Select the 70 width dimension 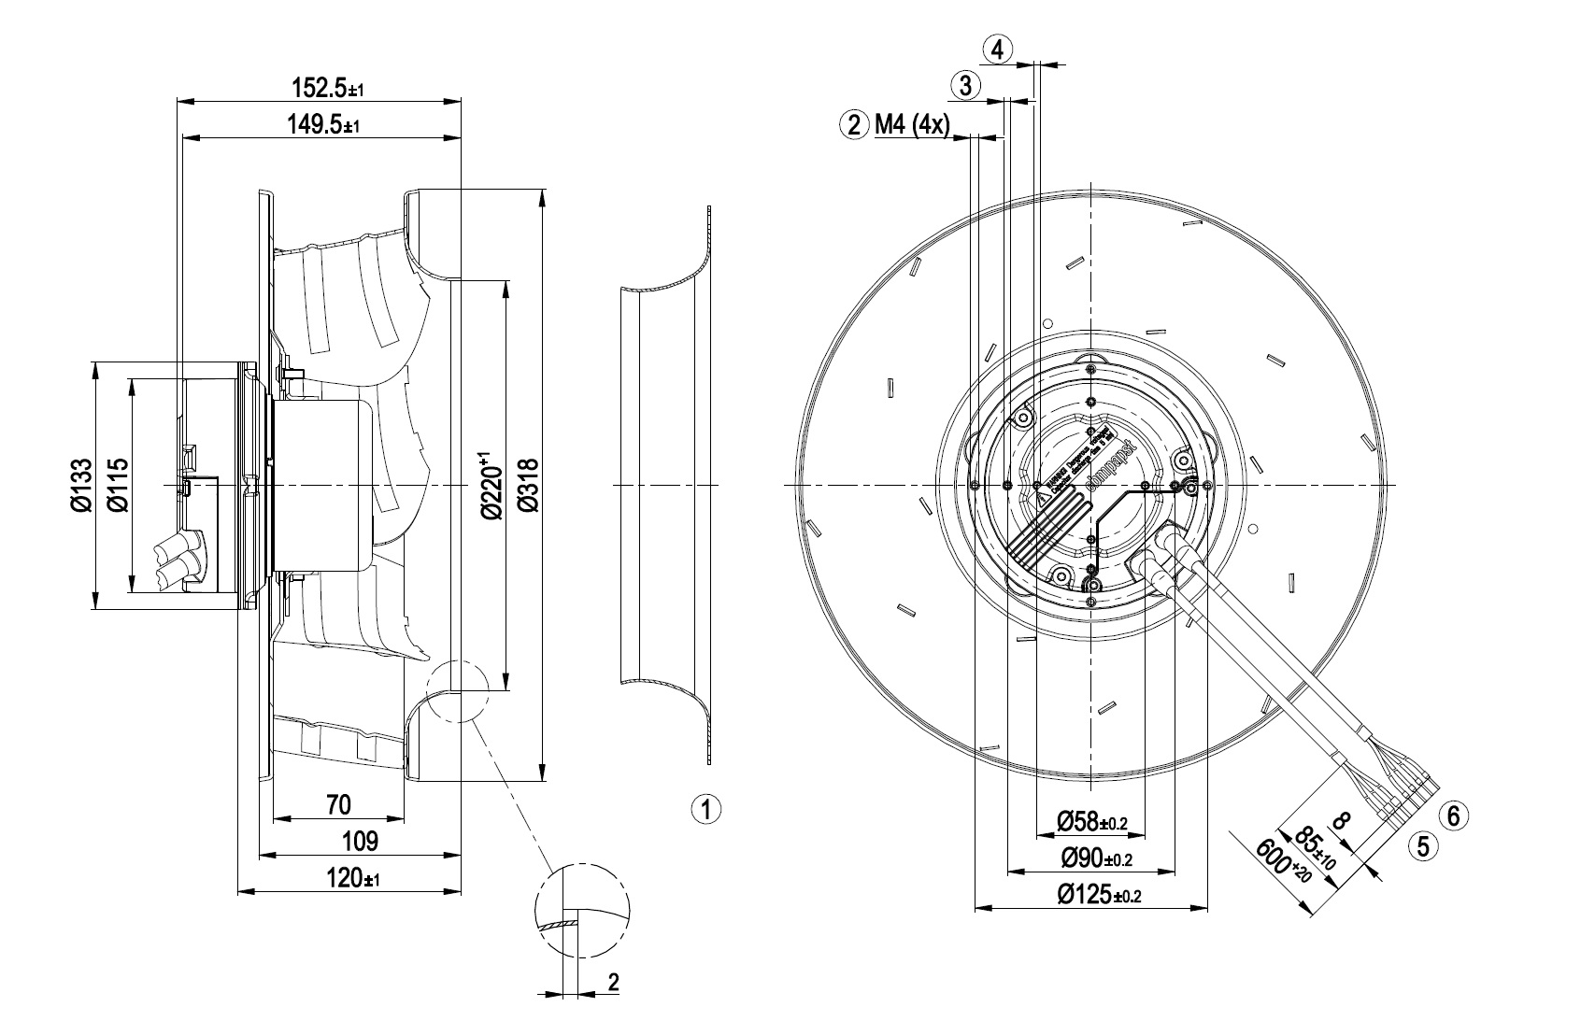(x=338, y=803)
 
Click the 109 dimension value (x=360, y=841)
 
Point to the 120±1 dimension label (x=351, y=878)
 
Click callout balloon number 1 (x=706, y=808)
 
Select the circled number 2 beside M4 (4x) (x=854, y=124)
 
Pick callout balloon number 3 (x=965, y=86)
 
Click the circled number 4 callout (x=998, y=50)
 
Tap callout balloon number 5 (x=1424, y=846)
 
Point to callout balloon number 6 (x=1453, y=815)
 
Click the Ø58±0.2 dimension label (x=1092, y=822)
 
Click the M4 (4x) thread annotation (x=911, y=124)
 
